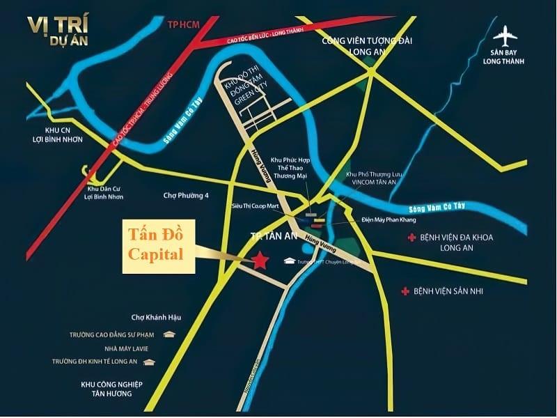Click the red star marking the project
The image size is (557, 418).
click(260, 260)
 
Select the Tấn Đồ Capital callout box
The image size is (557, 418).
click(157, 247)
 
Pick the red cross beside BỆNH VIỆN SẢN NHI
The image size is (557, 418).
click(405, 290)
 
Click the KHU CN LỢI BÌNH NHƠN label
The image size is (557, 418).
click(54, 135)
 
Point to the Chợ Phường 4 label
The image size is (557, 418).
click(185, 196)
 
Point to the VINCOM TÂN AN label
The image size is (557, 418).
click(377, 180)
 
